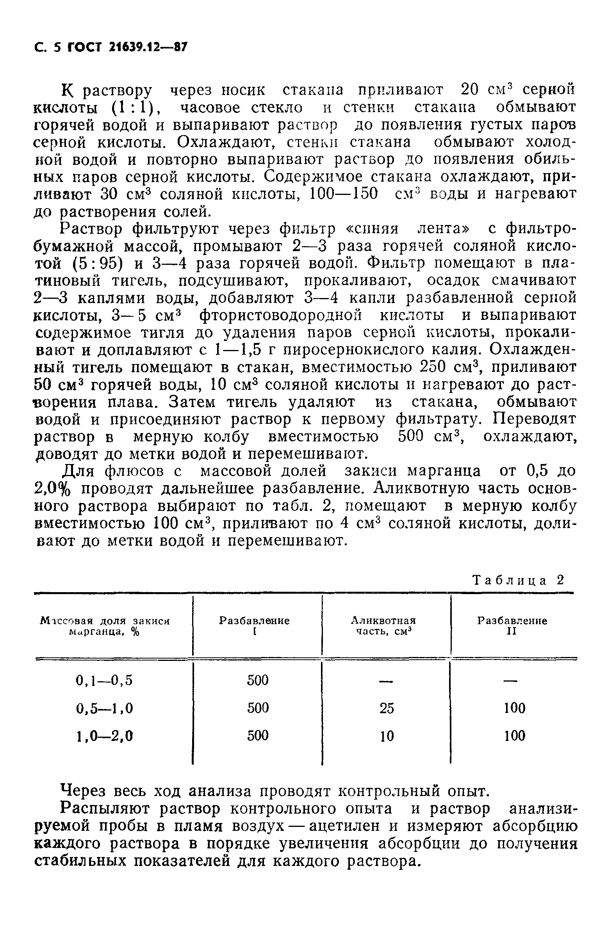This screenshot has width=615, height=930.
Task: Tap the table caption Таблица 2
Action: pos(518,580)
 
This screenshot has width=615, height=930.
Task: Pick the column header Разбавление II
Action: pos(512,626)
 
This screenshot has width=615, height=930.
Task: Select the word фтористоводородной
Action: pos(280,315)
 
